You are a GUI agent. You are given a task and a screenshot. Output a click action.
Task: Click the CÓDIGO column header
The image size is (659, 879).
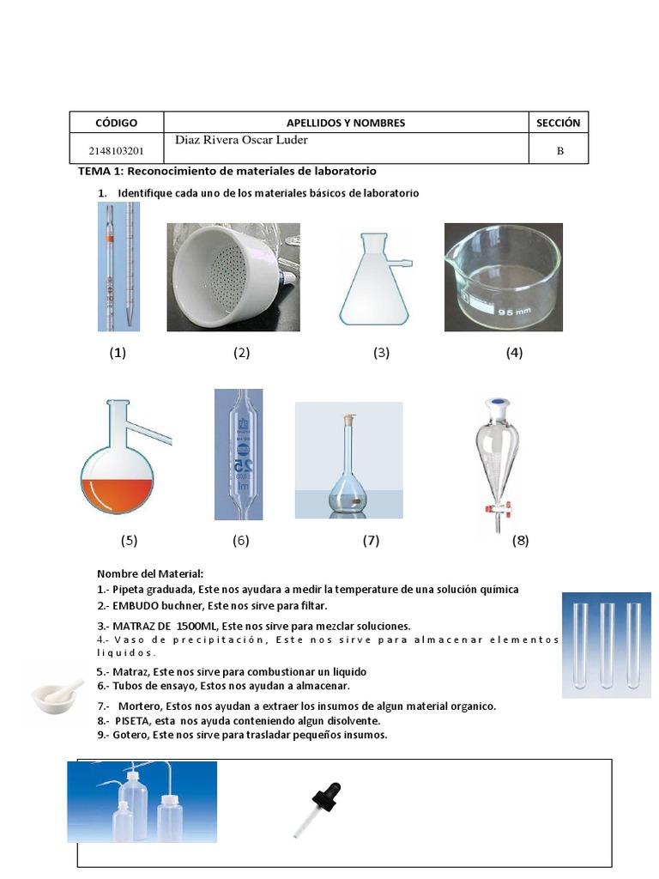116,123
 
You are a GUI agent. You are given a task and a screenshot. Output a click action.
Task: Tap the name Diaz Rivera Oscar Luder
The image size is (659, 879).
241,140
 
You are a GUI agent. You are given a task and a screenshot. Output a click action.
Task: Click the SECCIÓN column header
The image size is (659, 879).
558,123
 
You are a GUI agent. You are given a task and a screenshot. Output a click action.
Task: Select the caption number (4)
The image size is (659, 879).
514,352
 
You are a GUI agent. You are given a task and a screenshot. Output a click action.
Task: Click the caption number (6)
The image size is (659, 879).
240,540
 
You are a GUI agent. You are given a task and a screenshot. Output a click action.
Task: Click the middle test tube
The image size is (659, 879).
608,646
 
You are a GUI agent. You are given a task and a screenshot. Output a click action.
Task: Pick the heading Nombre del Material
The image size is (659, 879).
150,573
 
